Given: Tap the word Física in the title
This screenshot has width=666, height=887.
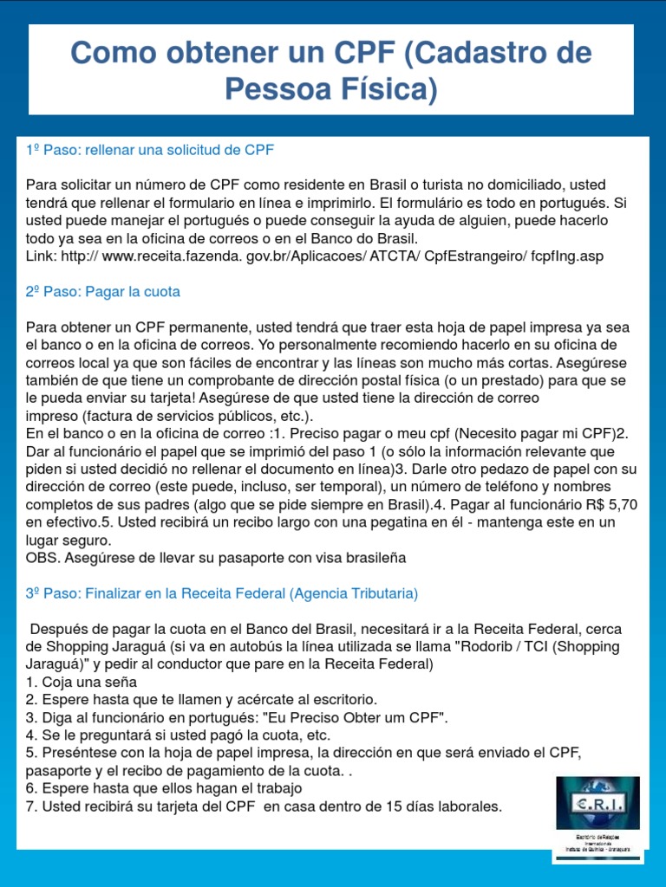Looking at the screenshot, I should (387, 87).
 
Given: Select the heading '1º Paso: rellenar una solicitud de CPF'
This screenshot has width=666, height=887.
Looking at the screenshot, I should (150, 150).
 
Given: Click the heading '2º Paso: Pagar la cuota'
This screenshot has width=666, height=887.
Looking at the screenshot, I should (103, 292).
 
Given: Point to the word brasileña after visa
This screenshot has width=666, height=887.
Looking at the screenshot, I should (375, 558).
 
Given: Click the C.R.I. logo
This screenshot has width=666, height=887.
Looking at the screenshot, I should (597, 802).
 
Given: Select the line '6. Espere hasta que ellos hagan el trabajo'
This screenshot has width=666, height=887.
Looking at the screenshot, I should (164, 788).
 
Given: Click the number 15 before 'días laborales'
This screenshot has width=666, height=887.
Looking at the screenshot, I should (378, 806).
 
